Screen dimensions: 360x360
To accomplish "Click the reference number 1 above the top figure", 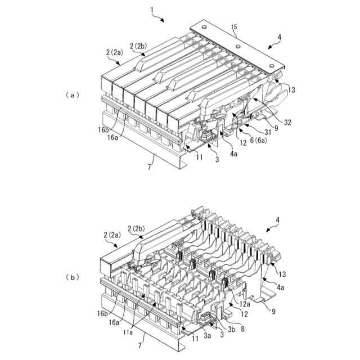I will click(x=153, y=10).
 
